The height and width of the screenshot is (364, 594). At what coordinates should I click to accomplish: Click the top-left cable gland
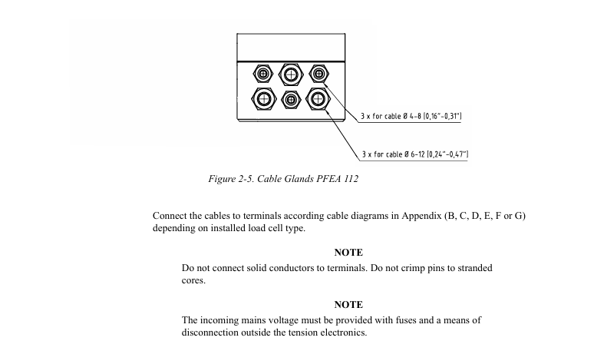coord(262,73)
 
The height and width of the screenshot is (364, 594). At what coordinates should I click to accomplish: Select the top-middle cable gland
coord(291,74)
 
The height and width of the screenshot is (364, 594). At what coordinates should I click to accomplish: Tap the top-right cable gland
coord(318,73)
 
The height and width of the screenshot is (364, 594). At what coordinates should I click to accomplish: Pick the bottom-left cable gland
coord(262,99)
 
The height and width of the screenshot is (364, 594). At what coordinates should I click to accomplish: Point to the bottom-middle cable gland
coord(291,100)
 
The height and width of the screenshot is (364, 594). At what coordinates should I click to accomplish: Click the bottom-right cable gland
coord(318,99)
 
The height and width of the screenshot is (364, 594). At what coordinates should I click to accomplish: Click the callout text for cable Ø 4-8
coord(411,116)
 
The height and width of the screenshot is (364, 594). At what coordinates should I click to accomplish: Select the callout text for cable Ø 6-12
coord(415,154)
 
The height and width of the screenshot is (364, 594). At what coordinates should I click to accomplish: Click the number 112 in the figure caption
coord(351,179)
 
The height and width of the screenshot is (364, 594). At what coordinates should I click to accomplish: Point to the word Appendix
coord(421,216)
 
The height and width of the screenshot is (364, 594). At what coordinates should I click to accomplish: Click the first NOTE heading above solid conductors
coord(348,253)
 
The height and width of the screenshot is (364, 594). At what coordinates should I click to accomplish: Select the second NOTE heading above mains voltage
coord(348,305)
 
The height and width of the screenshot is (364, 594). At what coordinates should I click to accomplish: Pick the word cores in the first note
coord(193,281)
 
